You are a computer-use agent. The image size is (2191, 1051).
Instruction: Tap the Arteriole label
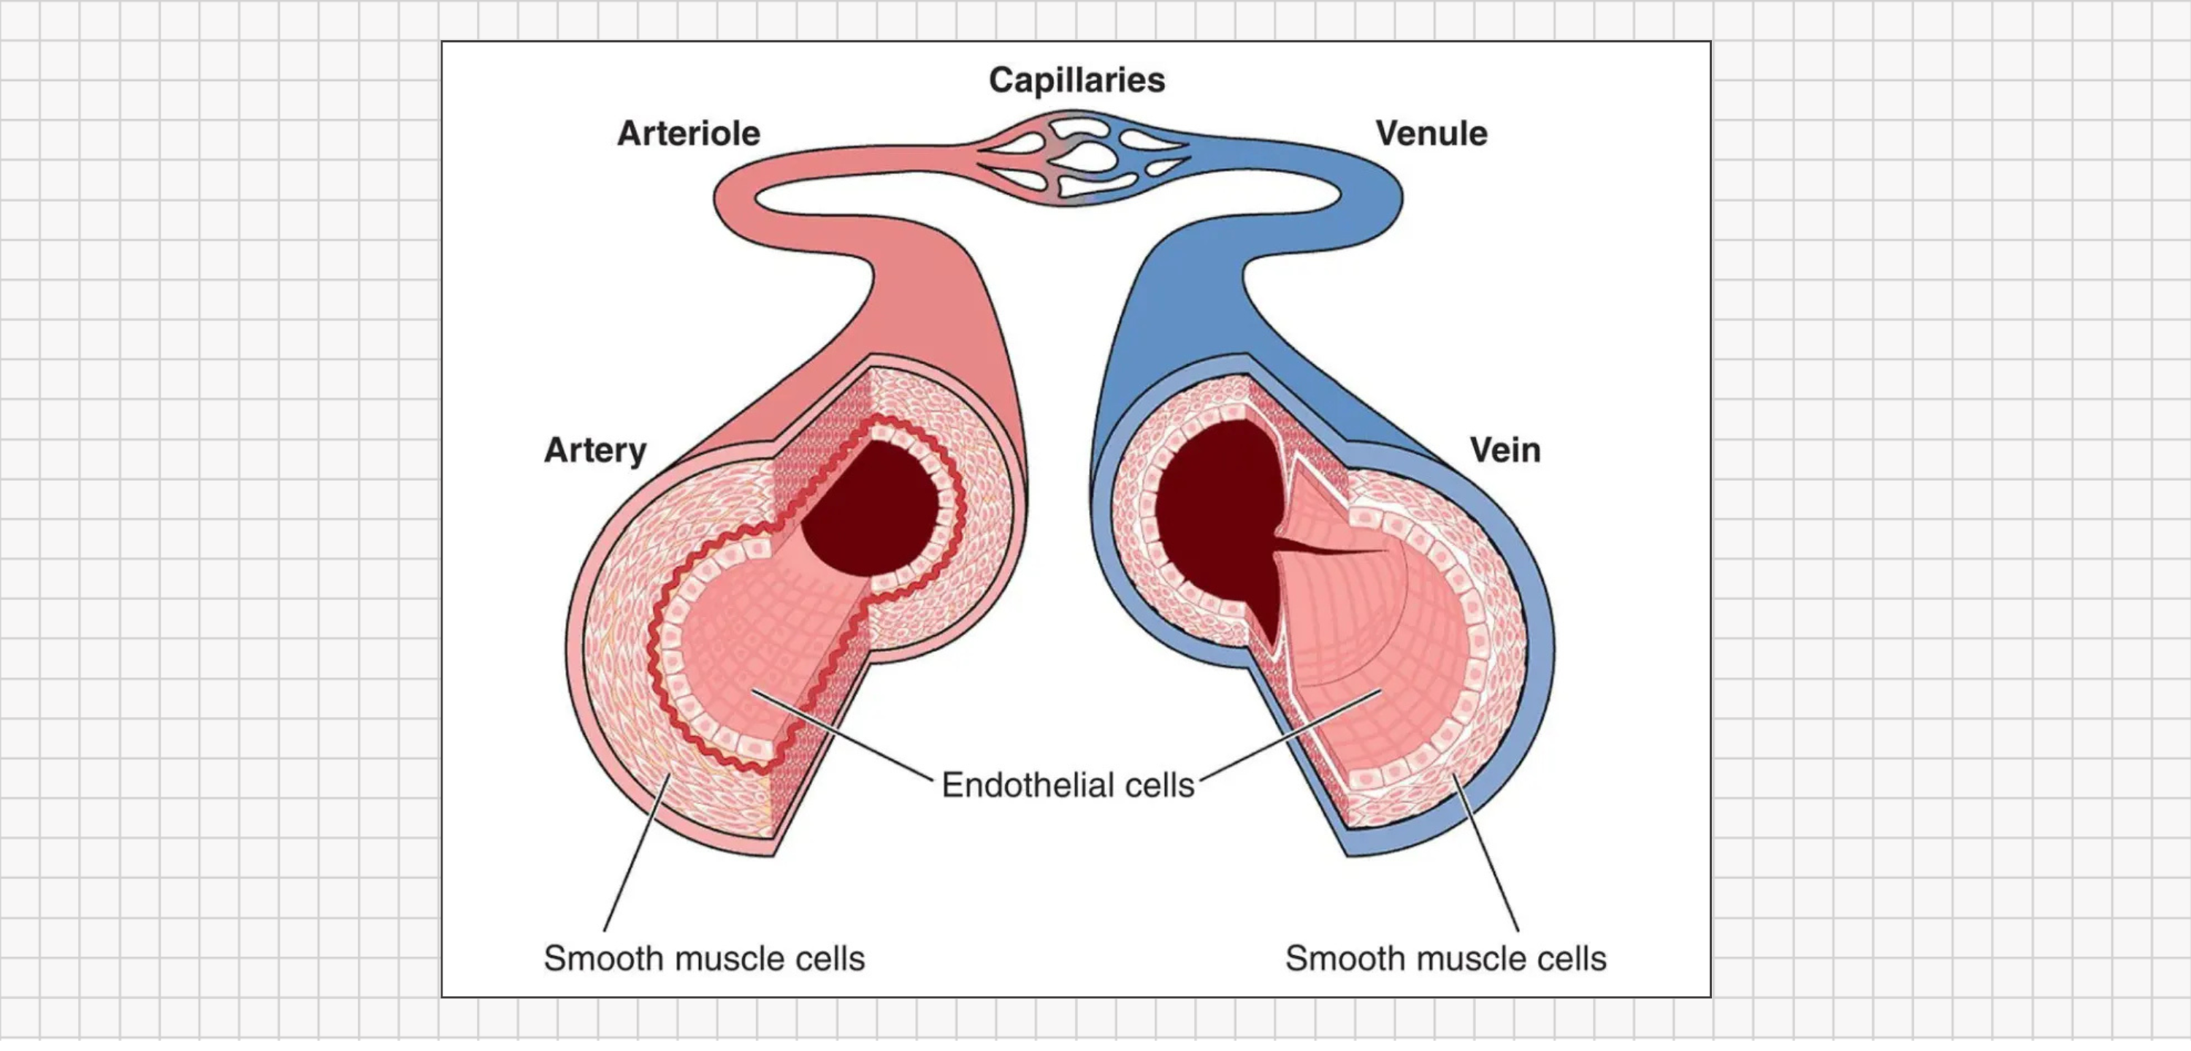click(x=688, y=134)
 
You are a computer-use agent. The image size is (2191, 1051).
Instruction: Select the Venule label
click(x=1431, y=134)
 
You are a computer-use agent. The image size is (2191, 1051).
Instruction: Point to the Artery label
click(x=595, y=450)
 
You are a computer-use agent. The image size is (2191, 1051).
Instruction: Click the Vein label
click(x=1504, y=450)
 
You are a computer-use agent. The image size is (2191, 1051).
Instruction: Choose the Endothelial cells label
click(x=1068, y=785)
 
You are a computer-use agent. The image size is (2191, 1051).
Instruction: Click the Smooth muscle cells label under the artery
click(x=704, y=958)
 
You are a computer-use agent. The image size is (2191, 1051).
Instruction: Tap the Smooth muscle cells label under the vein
click(x=1445, y=958)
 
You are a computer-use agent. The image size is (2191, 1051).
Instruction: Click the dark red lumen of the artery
click(x=872, y=511)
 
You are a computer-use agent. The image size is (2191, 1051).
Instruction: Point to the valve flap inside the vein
click(x=1327, y=553)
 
